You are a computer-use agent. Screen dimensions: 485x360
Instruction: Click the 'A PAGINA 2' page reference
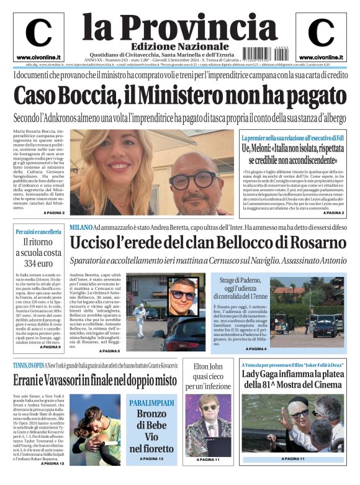[x=54, y=213]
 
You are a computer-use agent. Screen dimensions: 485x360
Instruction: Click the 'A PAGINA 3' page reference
[x=333, y=213]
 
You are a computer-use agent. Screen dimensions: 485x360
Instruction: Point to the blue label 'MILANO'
[x=81, y=229]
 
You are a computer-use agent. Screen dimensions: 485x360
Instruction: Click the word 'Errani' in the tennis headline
[x=32, y=379]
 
